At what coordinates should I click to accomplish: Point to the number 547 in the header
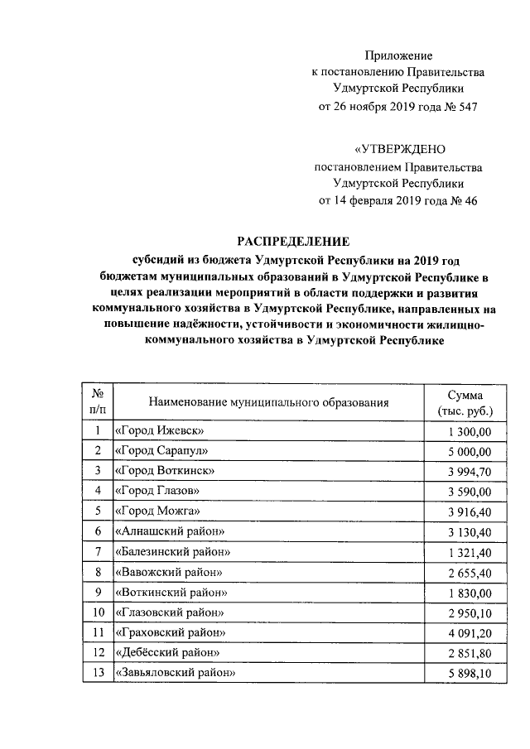tap(464, 108)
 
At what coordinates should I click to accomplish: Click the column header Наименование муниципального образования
tap(268, 402)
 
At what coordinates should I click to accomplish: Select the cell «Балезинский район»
tap(172, 552)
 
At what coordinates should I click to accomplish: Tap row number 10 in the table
tap(98, 612)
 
